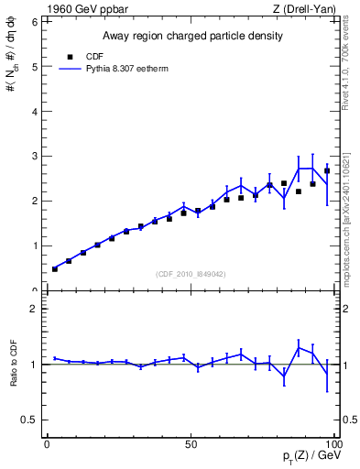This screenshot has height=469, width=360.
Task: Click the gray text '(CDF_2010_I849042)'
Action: point(191,272)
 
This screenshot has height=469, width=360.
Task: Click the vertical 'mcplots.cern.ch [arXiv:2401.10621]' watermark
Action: point(345,210)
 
